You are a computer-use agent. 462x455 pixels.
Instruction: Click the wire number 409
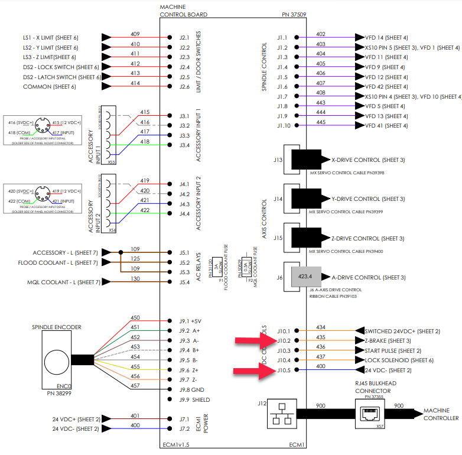tap(135, 34)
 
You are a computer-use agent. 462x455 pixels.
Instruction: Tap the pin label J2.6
tap(184, 87)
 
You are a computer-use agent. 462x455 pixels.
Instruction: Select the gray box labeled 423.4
tap(305, 276)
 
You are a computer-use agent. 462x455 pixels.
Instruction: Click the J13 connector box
tap(292, 160)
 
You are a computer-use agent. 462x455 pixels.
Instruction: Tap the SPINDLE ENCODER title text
tap(56, 327)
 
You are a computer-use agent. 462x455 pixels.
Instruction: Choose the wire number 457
tap(135, 386)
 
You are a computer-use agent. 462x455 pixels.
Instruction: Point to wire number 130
tap(135, 279)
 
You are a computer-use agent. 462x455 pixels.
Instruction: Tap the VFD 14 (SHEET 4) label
tap(386, 37)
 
